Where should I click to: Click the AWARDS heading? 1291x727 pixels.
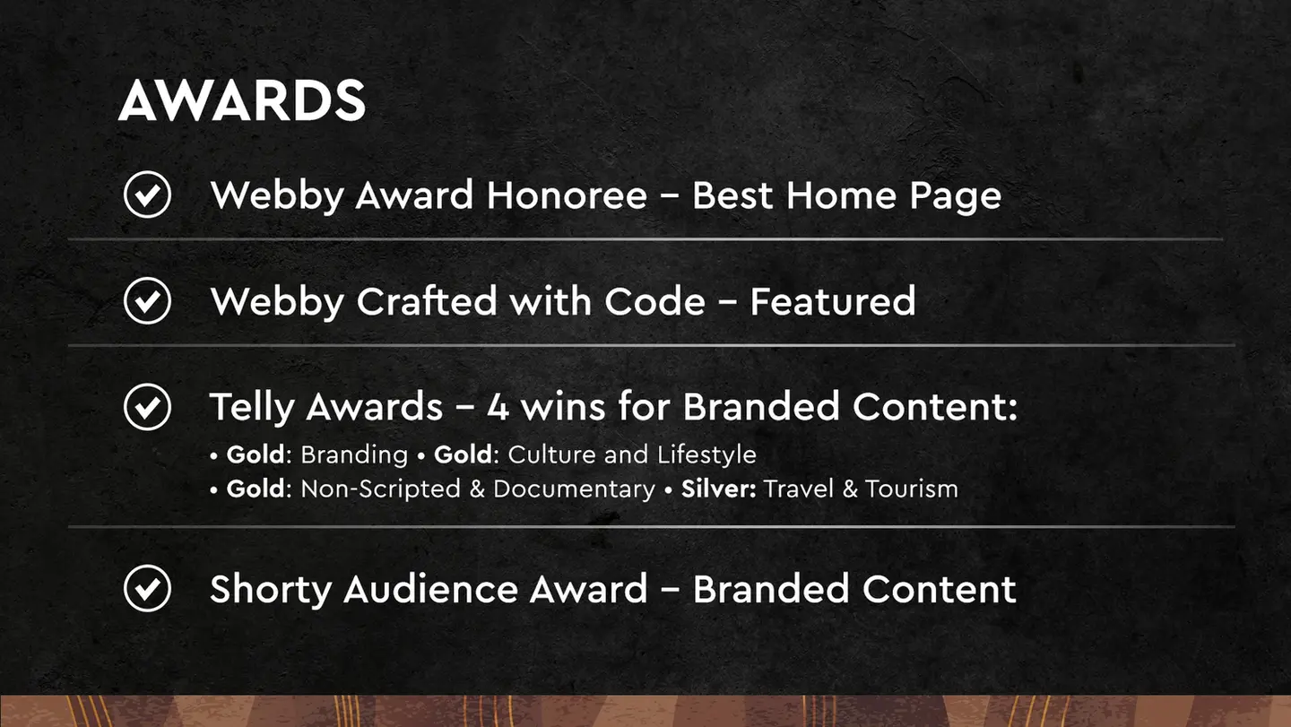point(242,100)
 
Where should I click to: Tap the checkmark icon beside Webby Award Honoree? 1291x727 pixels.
point(147,195)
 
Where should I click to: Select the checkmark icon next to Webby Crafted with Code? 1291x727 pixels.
point(147,301)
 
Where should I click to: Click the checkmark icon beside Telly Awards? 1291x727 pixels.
point(147,407)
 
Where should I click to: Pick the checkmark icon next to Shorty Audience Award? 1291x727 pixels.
point(147,589)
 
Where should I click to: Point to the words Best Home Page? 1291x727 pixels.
point(846,195)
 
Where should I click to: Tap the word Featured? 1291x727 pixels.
point(832,301)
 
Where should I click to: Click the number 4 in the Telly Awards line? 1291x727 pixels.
point(498,407)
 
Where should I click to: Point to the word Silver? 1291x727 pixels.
point(719,489)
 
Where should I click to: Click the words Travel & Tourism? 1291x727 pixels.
point(861,489)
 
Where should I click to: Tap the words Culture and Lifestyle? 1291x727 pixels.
point(631,454)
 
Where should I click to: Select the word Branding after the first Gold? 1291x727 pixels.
point(354,454)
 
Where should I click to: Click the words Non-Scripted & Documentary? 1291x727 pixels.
point(477,489)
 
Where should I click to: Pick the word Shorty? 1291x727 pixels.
point(272,589)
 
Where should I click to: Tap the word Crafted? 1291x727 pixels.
point(427,301)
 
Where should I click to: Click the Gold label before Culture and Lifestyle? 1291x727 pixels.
point(463,454)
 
